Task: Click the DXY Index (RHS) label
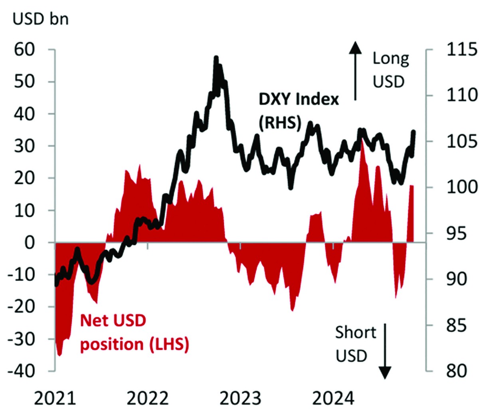[x=299, y=111]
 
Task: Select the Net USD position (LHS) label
[x=134, y=332]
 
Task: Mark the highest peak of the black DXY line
[x=216, y=58]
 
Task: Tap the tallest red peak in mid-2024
[x=362, y=137]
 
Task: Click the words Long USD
[x=390, y=70]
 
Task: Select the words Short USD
[x=355, y=343]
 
